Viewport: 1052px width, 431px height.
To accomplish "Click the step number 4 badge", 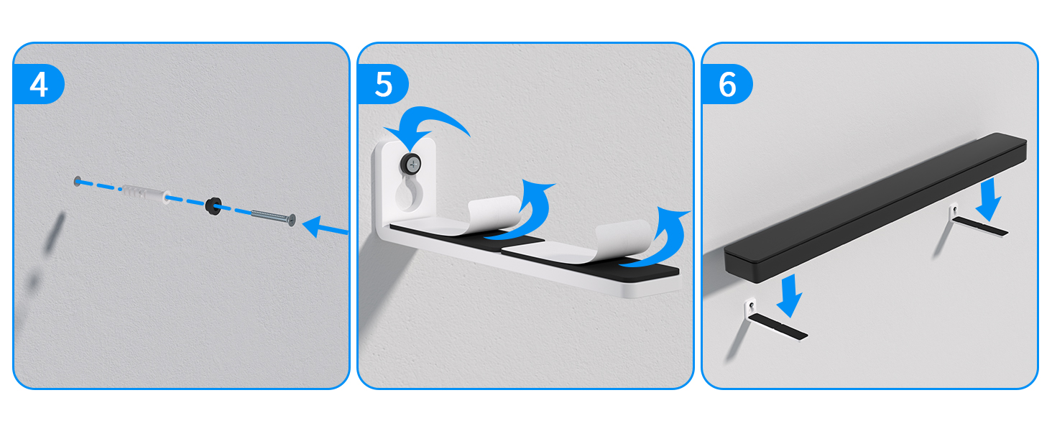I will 39,85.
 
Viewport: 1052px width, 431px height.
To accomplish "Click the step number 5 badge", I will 384,85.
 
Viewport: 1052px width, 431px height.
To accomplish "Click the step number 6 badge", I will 727,85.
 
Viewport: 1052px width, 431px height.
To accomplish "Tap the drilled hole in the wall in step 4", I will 77,180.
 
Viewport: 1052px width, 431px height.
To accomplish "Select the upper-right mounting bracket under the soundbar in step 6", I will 977,223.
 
